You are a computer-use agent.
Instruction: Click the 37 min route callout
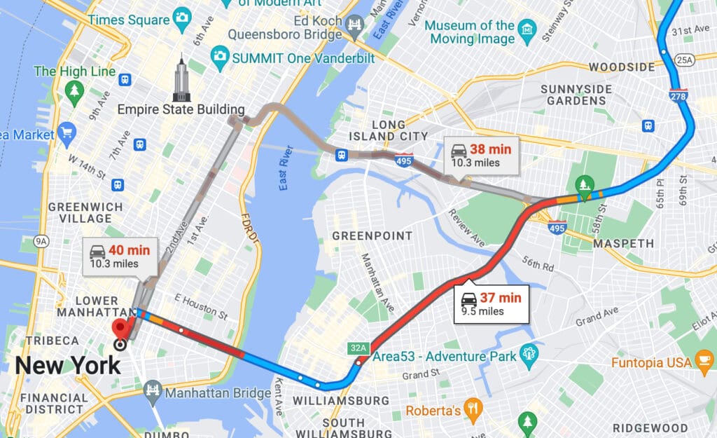point(492,303)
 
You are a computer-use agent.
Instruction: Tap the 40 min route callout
point(120,256)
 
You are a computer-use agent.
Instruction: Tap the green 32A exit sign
point(356,348)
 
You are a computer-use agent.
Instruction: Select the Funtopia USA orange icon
point(704,362)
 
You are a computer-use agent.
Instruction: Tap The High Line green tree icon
point(74,90)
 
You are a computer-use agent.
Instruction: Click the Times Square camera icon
point(182,18)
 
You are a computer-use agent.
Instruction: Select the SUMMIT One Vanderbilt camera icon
point(220,55)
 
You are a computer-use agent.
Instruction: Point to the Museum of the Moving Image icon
point(527,29)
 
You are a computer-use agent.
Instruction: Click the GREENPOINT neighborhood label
point(373,236)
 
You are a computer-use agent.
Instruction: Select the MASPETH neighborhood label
point(623,244)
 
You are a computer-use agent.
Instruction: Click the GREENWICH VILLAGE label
point(85,213)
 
